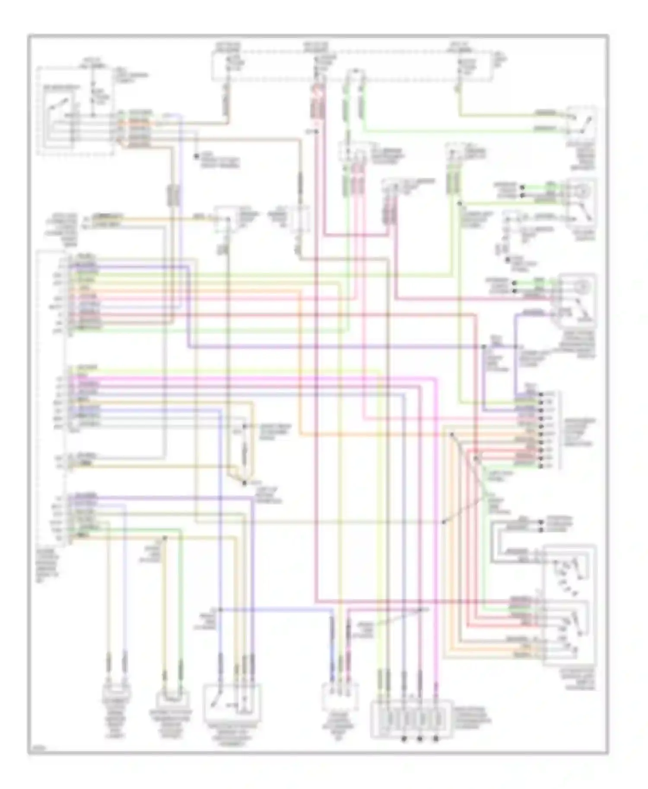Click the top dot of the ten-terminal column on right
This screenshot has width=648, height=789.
(541, 394)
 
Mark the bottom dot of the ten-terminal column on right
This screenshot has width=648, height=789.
(541, 466)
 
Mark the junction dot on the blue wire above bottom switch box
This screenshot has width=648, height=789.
(220, 609)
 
